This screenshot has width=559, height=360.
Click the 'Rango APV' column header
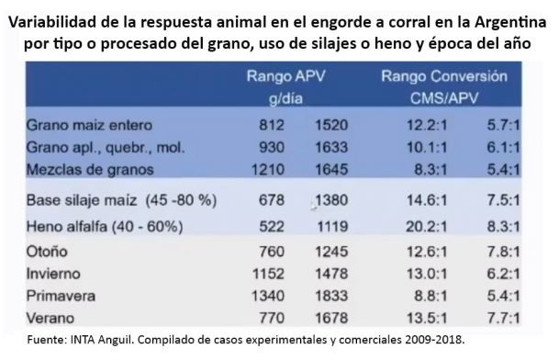(285, 76)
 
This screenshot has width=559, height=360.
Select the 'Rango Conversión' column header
(444, 76)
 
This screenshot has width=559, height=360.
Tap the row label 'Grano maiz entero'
(89, 125)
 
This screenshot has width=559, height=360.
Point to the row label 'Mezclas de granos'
(90, 170)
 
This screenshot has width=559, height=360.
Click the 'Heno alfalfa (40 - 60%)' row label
(105, 227)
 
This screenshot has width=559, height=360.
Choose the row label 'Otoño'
(47, 252)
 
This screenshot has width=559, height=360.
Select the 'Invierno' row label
(53, 274)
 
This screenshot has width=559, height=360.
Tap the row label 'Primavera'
(61, 296)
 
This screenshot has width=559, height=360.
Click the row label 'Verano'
(50, 318)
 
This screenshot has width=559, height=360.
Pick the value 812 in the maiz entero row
(272, 125)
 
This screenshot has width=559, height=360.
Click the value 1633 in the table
(331, 147)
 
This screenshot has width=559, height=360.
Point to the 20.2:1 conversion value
(427, 227)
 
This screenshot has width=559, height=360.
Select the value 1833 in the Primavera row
(331, 296)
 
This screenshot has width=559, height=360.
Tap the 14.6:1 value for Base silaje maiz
(427, 200)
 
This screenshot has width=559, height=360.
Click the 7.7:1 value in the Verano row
(503, 318)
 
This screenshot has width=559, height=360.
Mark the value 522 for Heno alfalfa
(272, 227)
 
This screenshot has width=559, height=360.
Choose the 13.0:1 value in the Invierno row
(427, 274)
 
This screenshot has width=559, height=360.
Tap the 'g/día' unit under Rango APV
(285, 98)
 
